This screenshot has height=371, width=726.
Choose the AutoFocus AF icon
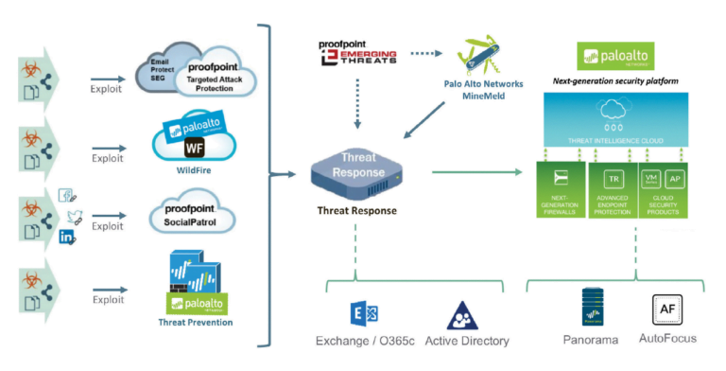pos(666,309)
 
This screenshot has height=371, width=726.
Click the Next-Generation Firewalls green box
pos(560,188)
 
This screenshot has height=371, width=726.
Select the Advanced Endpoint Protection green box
pos(612,188)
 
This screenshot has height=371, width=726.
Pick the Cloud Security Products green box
pos(665,188)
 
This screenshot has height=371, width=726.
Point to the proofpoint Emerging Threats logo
pos(353,51)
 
